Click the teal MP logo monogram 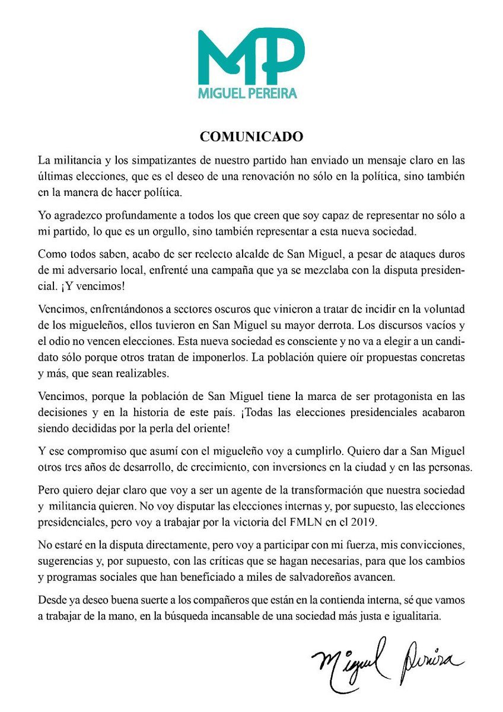point(251,56)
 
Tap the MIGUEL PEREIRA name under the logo point(251,93)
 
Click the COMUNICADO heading point(251,136)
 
